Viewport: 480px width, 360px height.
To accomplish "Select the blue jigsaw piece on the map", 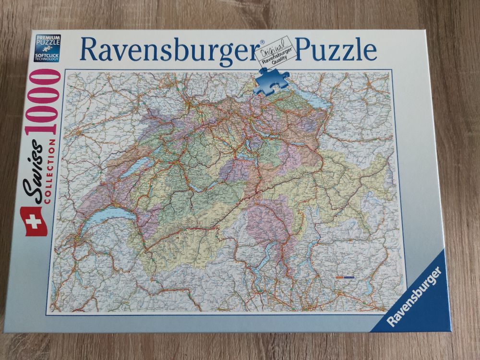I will (x=272, y=81).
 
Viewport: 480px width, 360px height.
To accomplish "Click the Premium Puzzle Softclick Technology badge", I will (x=48, y=48).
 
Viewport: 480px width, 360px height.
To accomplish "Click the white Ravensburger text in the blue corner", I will (x=414, y=296).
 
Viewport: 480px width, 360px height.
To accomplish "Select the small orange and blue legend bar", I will (x=344, y=277).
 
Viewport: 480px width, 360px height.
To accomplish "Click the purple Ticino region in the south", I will (x=271, y=221).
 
